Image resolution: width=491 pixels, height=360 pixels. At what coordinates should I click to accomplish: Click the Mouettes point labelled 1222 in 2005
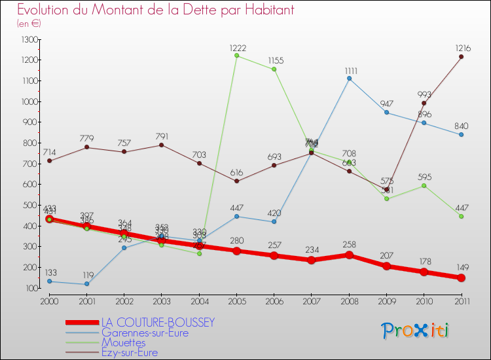pos(236,56)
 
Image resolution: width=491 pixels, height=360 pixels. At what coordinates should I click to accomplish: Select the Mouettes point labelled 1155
pos(274,69)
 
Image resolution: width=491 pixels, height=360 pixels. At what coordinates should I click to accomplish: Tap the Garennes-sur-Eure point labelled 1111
pos(349,79)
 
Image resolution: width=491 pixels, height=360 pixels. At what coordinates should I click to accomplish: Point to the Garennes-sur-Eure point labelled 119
pos(86,284)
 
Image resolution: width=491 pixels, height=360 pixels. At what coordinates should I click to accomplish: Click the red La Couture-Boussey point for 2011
pos(461,278)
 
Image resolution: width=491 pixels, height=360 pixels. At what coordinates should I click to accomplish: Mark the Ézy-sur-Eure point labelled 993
pos(424,103)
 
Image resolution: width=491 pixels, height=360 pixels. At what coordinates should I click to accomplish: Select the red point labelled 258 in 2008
pos(349,255)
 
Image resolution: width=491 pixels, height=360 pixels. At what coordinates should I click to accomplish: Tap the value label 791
pos(162,137)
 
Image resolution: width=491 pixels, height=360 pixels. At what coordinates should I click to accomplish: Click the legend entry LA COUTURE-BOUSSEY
pos(157,323)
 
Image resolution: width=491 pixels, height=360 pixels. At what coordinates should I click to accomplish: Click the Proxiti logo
pos(415,331)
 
